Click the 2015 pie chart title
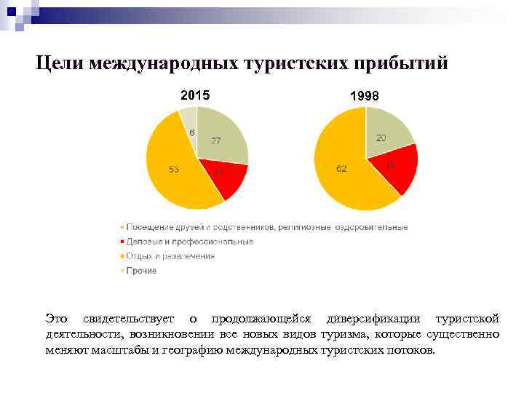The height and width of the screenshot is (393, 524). tap(194, 95)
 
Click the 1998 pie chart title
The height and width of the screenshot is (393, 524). tap(364, 96)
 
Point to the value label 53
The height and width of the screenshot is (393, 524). tap(174, 170)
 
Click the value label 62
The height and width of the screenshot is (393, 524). tap(341, 169)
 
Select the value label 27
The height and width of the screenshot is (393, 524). tap(216, 140)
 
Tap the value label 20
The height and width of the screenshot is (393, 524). tap(381, 138)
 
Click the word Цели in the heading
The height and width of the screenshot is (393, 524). tap(60, 63)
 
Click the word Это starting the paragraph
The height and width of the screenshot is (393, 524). tap(56, 319)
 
